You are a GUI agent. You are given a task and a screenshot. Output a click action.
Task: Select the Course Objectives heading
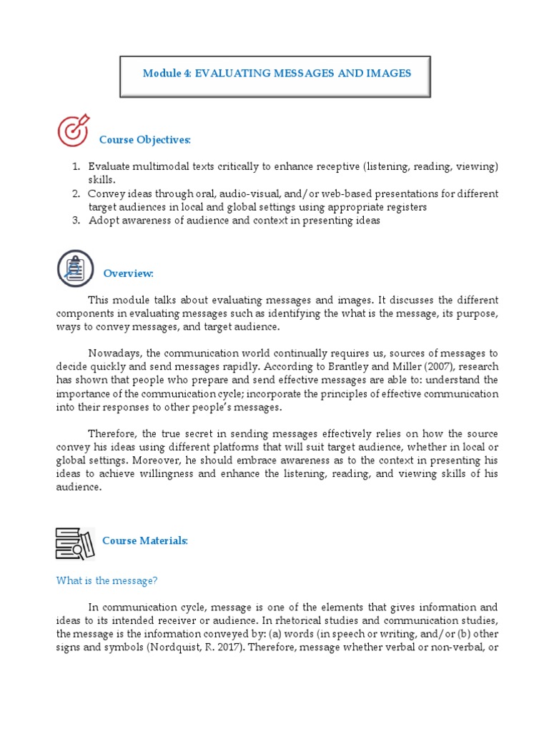pos(145,139)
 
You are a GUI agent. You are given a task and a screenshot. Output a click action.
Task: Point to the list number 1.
pos(75,166)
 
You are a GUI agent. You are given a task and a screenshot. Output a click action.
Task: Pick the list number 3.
pos(75,221)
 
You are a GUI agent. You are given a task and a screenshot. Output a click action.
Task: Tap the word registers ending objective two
pos(405,207)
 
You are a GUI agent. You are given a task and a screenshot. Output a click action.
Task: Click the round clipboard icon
pos(75,268)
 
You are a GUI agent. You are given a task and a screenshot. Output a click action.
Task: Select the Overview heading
pos(129,273)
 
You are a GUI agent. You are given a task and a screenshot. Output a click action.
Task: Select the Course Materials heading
pos(145,540)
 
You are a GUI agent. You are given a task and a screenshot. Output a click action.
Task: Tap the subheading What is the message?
pos(107,581)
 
